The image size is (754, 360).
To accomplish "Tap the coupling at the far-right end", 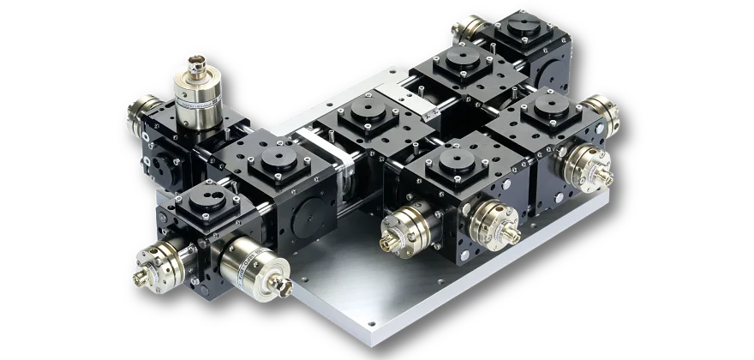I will (607, 117).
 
